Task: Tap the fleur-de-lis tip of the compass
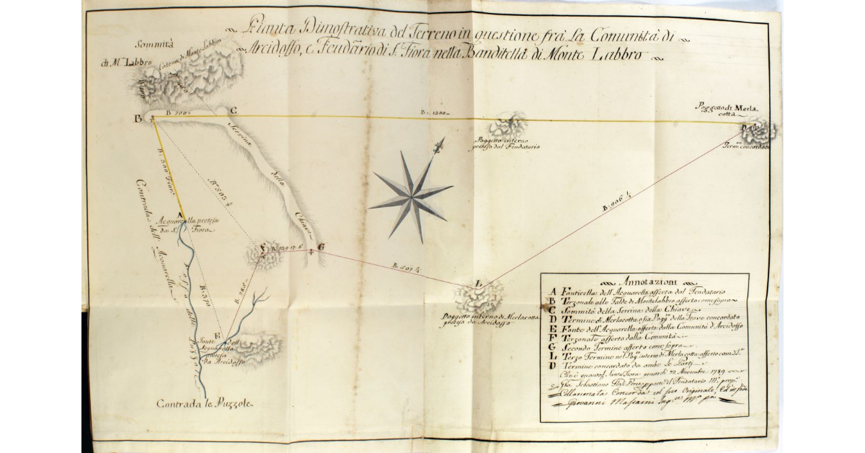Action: tap(438, 148)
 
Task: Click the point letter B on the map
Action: tap(137, 120)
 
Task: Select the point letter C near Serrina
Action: tap(232, 110)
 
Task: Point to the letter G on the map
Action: tap(320, 247)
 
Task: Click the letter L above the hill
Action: tap(479, 282)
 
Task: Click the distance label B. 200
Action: tap(177, 113)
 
